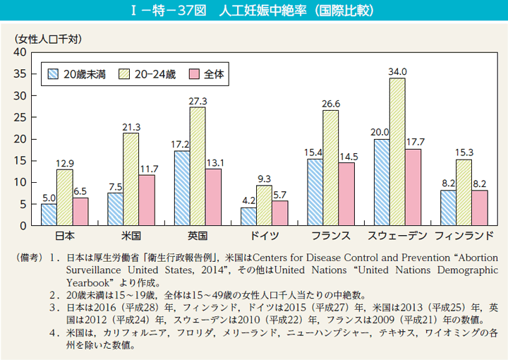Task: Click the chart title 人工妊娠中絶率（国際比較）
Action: [x=254, y=12]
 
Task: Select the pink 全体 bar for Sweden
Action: [x=413, y=187]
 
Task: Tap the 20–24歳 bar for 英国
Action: [x=198, y=166]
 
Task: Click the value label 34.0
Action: [x=397, y=71]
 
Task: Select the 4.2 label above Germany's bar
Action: [x=248, y=200]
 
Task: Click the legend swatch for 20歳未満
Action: [x=53, y=73]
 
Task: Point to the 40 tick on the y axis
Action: [x=20, y=52]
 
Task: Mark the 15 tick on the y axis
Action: [x=20, y=161]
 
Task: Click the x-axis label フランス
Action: [x=330, y=235]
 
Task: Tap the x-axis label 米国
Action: [x=131, y=235]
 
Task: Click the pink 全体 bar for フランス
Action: [x=346, y=194]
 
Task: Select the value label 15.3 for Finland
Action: [x=464, y=152]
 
